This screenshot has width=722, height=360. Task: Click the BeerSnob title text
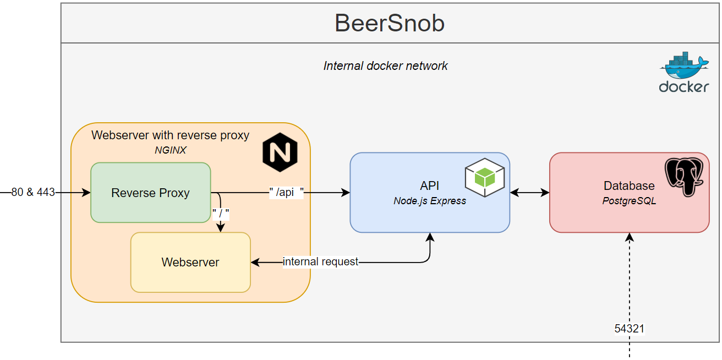pyautogui.click(x=390, y=24)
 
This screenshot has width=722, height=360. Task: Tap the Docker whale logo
pyautogui.click(x=683, y=67)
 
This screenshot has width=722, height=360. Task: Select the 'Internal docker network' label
pyautogui.click(x=385, y=66)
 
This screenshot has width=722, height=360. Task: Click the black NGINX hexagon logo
pyautogui.click(x=280, y=154)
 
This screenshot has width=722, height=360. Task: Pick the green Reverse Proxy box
pyautogui.click(x=150, y=193)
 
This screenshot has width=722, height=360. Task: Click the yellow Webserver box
pyautogui.click(x=190, y=263)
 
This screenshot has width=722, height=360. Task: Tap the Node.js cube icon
pyautogui.click(x=484, y=178)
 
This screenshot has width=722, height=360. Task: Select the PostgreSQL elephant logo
pyautogui.click(x=684, y=176)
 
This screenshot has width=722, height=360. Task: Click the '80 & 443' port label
pyautogui.click(x=33, y=193)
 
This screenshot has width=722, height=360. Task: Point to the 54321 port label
pyautogui.click(x=630, y=329)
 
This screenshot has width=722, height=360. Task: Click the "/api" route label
pyautogui.click(x=286, y=192)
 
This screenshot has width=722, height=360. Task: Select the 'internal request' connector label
pyautogui.click(x=320, y=262)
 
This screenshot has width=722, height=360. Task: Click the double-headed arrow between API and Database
pyautogui.click(x=529, y=193)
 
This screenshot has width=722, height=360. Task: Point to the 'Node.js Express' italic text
pyautogui.click(x=429, y=201)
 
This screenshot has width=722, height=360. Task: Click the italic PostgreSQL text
pyautogui.click(x=629, y=201)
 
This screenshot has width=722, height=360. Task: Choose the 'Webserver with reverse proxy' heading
pyautogui.click(x=170, y=135)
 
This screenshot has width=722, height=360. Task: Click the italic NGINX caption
pyautogui.click(x=170, y=150)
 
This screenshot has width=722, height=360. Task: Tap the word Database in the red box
pyautogui.click(x=629, y=186)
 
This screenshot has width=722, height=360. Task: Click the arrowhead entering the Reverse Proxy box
pyautogui.click(x=86, y=193)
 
